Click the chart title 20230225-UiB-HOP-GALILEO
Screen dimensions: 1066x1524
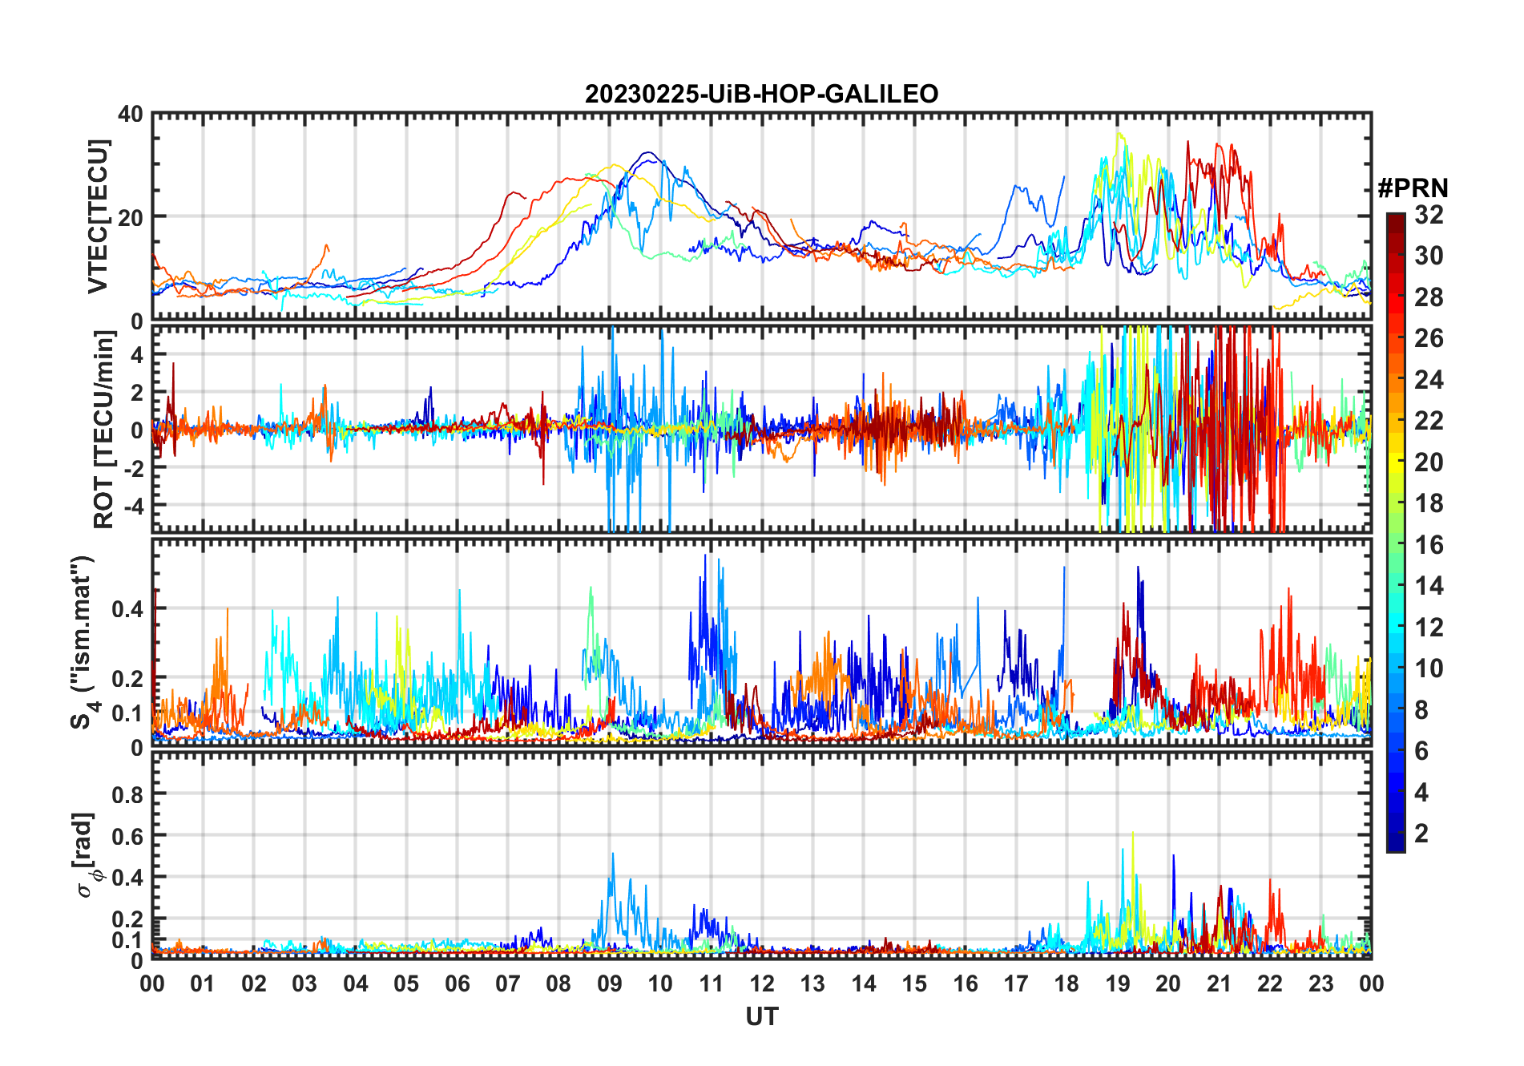point(761,95)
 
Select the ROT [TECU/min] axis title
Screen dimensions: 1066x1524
point(104,430)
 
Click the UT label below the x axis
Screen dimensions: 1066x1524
point(761,1016)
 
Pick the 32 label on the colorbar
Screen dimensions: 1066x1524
point(1429,215)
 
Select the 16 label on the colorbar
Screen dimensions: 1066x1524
point(1429,545)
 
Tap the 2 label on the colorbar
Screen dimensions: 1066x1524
point(1421,834)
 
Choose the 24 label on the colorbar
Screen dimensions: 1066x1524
point(1429,380)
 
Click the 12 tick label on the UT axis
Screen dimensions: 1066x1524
point(762,983)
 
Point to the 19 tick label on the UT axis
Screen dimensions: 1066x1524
point(1118,983)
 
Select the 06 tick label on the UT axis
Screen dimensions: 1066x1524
point(458,983)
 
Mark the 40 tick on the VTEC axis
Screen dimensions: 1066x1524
point(131,115)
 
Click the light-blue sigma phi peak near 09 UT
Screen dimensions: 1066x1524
point(613,854)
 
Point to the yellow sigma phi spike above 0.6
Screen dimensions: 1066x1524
point(1133,834)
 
